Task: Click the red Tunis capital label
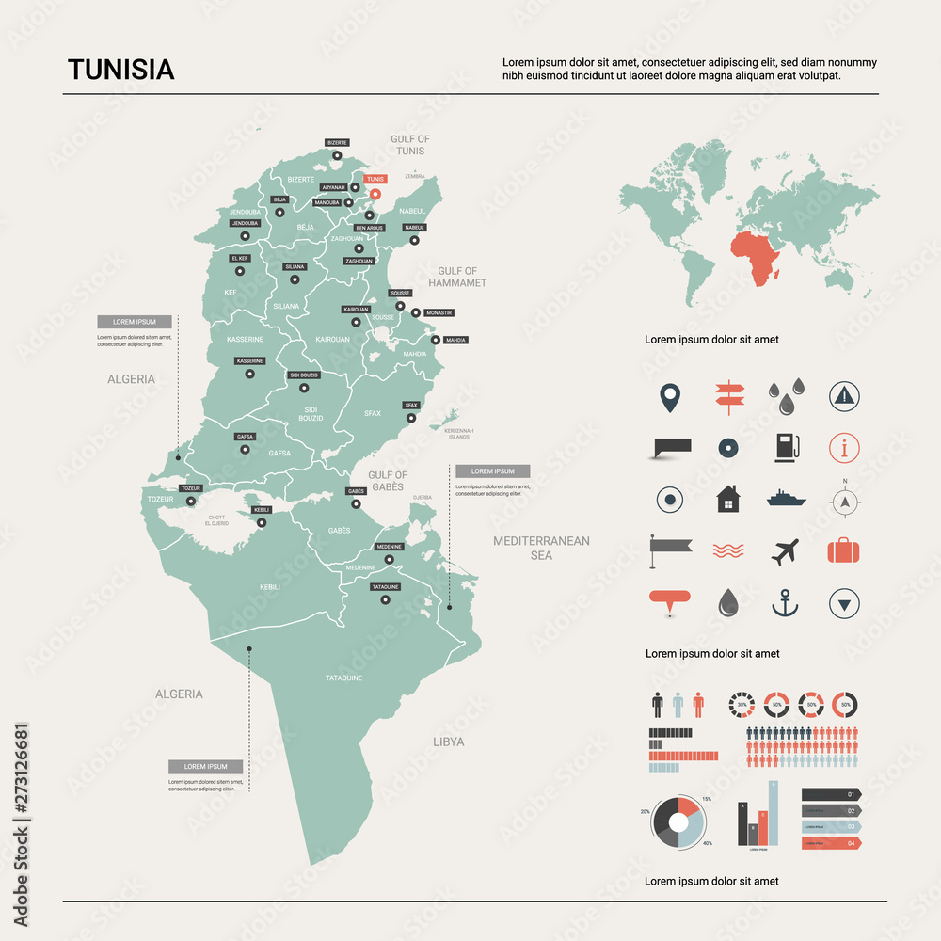click(x=375, y=179)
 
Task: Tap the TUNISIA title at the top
click(x=120, y=71)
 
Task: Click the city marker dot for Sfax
click(x=411, y=418)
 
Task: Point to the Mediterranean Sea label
click(x=541, y=548)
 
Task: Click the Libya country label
click(x=449, y=742)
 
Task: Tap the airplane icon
click(x=786, y=550)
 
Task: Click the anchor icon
click(x=785, y=602)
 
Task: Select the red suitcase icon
click(x=844, y=550)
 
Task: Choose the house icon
click(x=727, y=499)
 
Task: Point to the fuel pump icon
click(x=786, y=447)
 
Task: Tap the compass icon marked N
click(x=845, y=501)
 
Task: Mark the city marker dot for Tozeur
click(x=191, y=502)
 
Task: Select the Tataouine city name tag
click(x=386, y=587)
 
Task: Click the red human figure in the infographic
click(x=697, y=705)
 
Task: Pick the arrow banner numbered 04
click(x=831, y=843)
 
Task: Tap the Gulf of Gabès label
click(x=387, y=481)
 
